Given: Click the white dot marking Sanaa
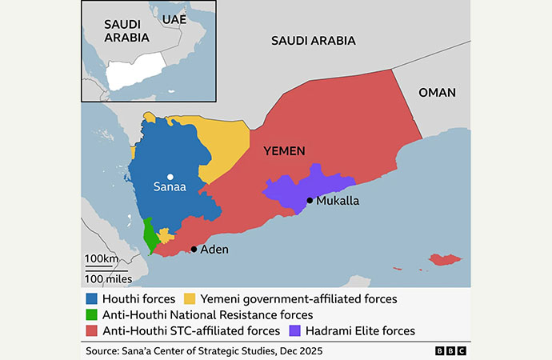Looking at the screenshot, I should (x=170, y=176).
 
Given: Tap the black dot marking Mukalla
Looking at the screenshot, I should (x=309, y=200).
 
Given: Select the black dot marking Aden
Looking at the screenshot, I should (x=194, y=250).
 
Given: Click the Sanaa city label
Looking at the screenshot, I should (x=170, y=189).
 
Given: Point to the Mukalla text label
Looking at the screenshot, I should (x=338, y=201).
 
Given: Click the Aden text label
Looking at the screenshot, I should (x=214, y=250).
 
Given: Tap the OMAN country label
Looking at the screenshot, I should (x=437, y=93).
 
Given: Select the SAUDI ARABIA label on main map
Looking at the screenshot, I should (x=314, y=41).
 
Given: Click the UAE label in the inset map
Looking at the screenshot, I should (x=174, y=18).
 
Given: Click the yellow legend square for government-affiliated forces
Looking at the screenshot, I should (x=190, y=298).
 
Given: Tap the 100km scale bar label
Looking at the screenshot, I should (x=101, y=259).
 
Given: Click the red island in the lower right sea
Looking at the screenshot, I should (x=446, y=260).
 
